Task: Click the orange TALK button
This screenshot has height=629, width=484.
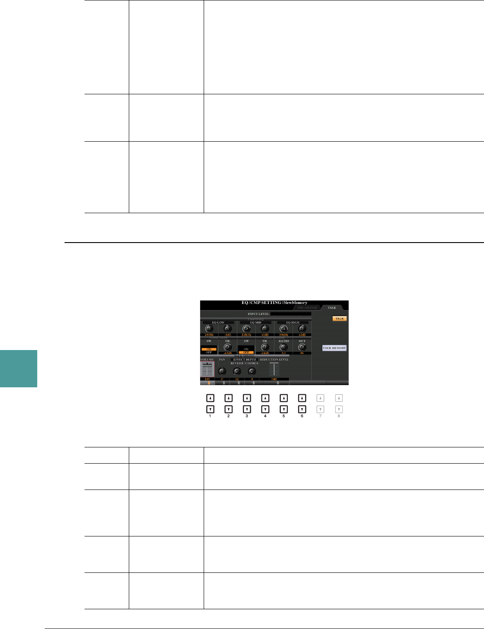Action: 339,318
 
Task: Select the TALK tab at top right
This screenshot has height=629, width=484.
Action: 332,307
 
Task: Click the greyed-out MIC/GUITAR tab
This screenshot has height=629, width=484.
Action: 308,308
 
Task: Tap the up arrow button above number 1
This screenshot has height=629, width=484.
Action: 210,398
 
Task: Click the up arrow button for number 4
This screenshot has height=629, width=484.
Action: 265,398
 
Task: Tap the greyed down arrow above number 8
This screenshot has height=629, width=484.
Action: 339,409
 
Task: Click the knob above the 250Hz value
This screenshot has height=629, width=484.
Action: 208,329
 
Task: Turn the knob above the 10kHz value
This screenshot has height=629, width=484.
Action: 283,329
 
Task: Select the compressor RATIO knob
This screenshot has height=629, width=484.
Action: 283,347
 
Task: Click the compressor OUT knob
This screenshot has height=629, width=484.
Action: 302,347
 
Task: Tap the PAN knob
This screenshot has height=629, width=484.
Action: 222,371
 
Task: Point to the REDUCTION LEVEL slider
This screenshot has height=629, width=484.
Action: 274,369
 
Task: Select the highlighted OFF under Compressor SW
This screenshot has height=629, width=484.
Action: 246,352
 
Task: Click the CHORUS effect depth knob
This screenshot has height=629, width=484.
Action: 252,371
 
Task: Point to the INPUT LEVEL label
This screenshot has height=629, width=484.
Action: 258,314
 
